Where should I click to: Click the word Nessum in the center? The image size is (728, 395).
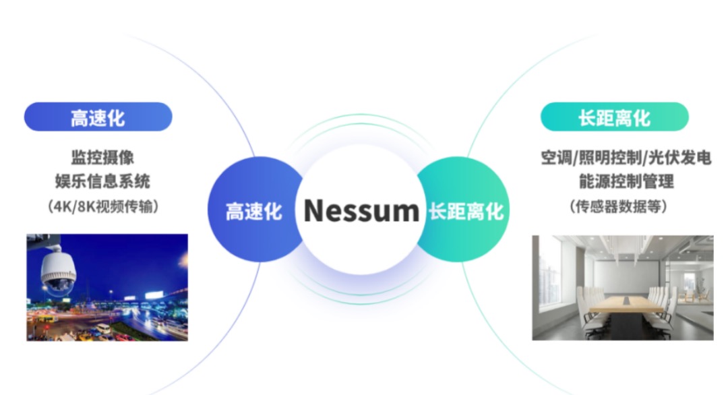click(x=361, y=210)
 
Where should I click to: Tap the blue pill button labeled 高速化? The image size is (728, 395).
click(x=98, y=117)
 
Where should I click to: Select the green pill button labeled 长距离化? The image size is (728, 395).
click(x=614, y=117)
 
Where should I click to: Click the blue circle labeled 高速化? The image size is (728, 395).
click(x=253, y=210)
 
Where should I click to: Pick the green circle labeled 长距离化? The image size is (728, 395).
click(x=464, y=210)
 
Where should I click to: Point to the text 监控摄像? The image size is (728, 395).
click(x=102, y=157)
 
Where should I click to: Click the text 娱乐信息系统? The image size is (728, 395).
click(x=102, y=181)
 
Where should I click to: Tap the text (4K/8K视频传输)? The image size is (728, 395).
click(x=103, y=206)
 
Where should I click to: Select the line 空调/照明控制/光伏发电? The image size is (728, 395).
click(x=626, y=157)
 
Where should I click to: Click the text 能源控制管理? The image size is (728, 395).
click(x=626, y=181)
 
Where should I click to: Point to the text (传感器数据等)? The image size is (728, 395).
click(x=618, y=206)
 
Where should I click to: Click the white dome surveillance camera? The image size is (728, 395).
click(x=58, y=272)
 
